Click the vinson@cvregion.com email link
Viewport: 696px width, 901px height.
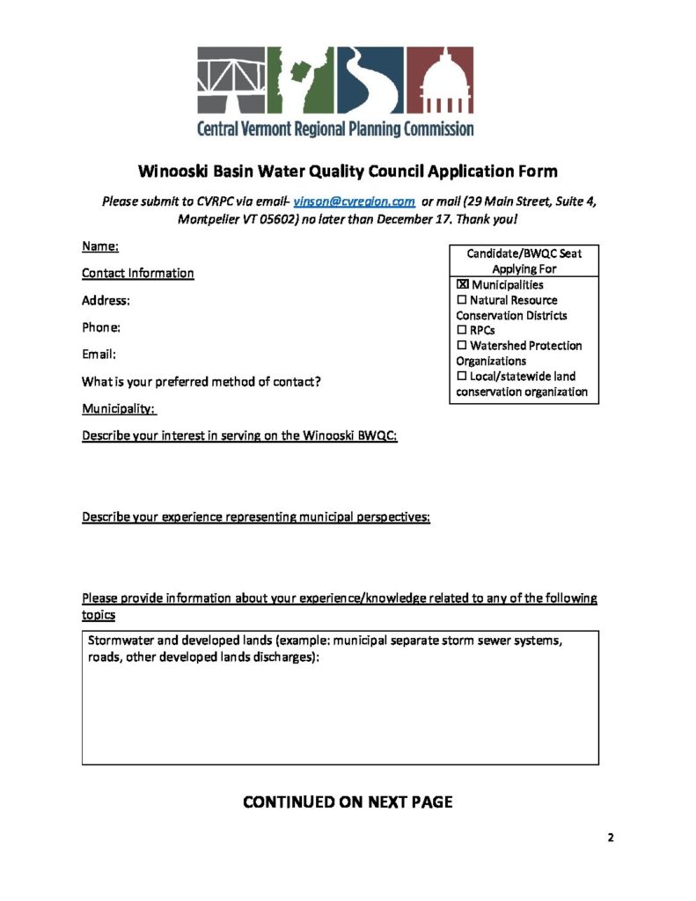[x=354, y=201]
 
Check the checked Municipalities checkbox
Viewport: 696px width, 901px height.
[x=463, y=285]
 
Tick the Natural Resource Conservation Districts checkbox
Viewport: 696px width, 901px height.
[x=463, y=300]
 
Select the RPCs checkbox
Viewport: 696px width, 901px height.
[x=463, y=331]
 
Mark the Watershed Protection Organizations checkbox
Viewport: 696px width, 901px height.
[x=463, y=346]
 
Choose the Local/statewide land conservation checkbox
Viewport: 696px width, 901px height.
[x=463, y=377]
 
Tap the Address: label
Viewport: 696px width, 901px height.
[x=106, y=300]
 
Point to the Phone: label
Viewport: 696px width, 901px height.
[x=101, y=327]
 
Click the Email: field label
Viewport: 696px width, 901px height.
[x=99, y=355]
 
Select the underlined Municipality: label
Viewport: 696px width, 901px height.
[x=119, y=409]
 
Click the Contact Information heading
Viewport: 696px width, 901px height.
[x=138, y=273]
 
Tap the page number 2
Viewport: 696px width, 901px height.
[x=611, y=837]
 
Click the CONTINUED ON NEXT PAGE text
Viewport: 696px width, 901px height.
[x=348, y=802]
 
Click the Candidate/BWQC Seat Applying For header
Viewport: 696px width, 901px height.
[x=524, y=260]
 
